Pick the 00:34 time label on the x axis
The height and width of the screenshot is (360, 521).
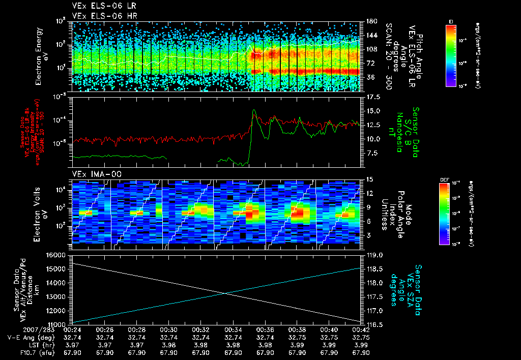233,329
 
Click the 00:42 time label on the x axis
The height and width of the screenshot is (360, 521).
361,329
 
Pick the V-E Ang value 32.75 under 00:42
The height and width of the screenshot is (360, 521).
361,337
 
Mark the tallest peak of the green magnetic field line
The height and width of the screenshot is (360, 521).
254,110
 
